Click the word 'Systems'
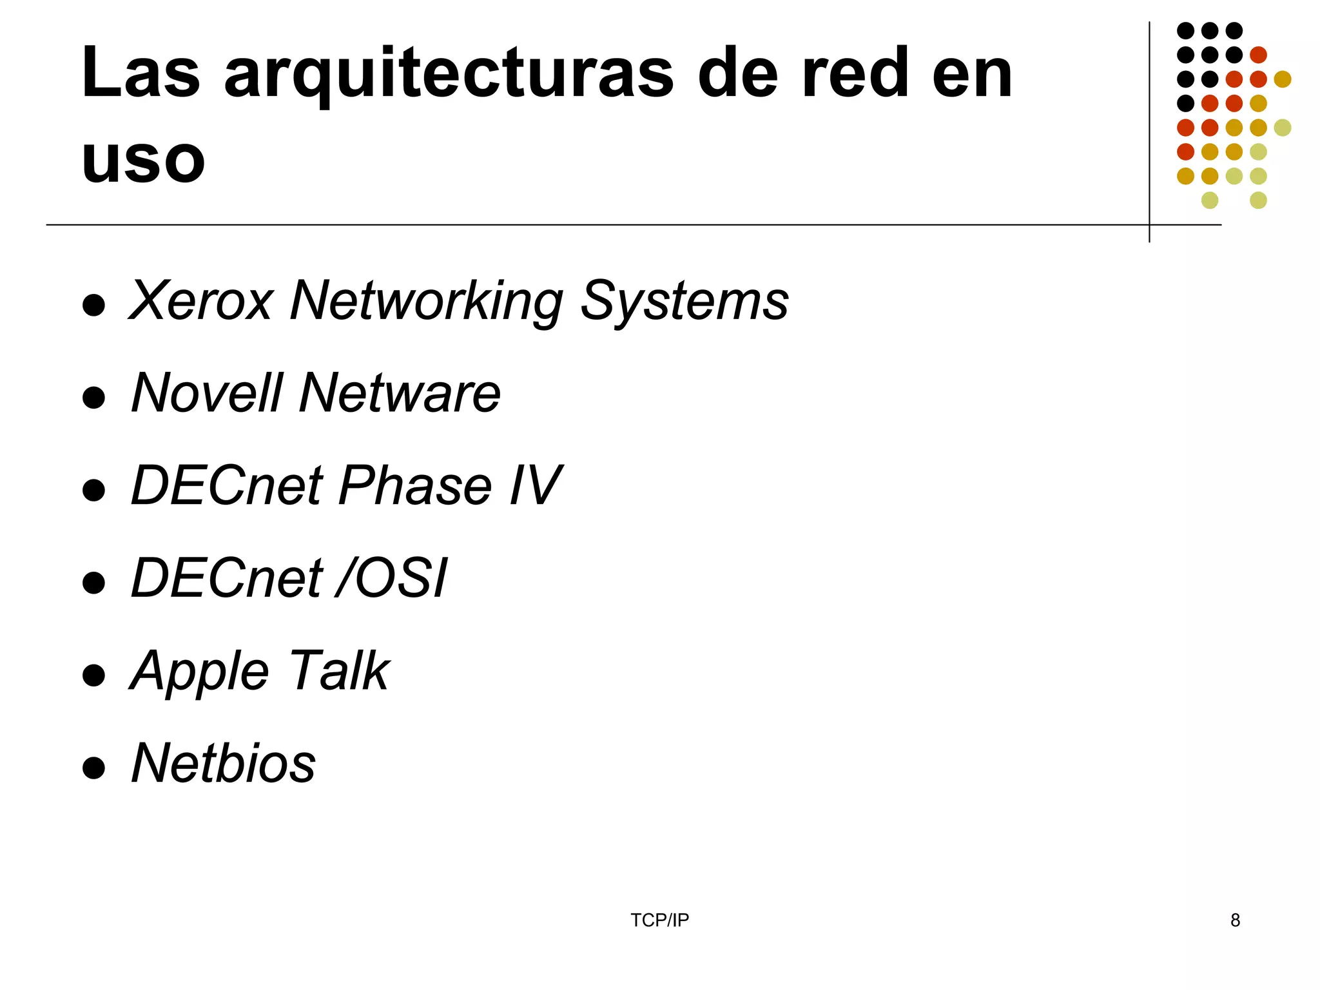click(x=684, y=302)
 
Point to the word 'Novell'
click(x=207, y=393)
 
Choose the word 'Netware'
click(x=400, y=393)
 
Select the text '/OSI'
click(x=391, y=578)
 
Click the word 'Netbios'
click(x=223, y=763)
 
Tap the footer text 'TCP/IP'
click(x=659, y=920)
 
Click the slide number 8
click(x=1235, y=920)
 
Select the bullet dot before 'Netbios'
click(x=94, y=768)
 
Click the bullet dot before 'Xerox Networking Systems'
click(x=94, y=306)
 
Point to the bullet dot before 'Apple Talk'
click(x=94, y=675)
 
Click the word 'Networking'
click(x=426, y=302)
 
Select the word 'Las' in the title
click(x=141, y=75)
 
